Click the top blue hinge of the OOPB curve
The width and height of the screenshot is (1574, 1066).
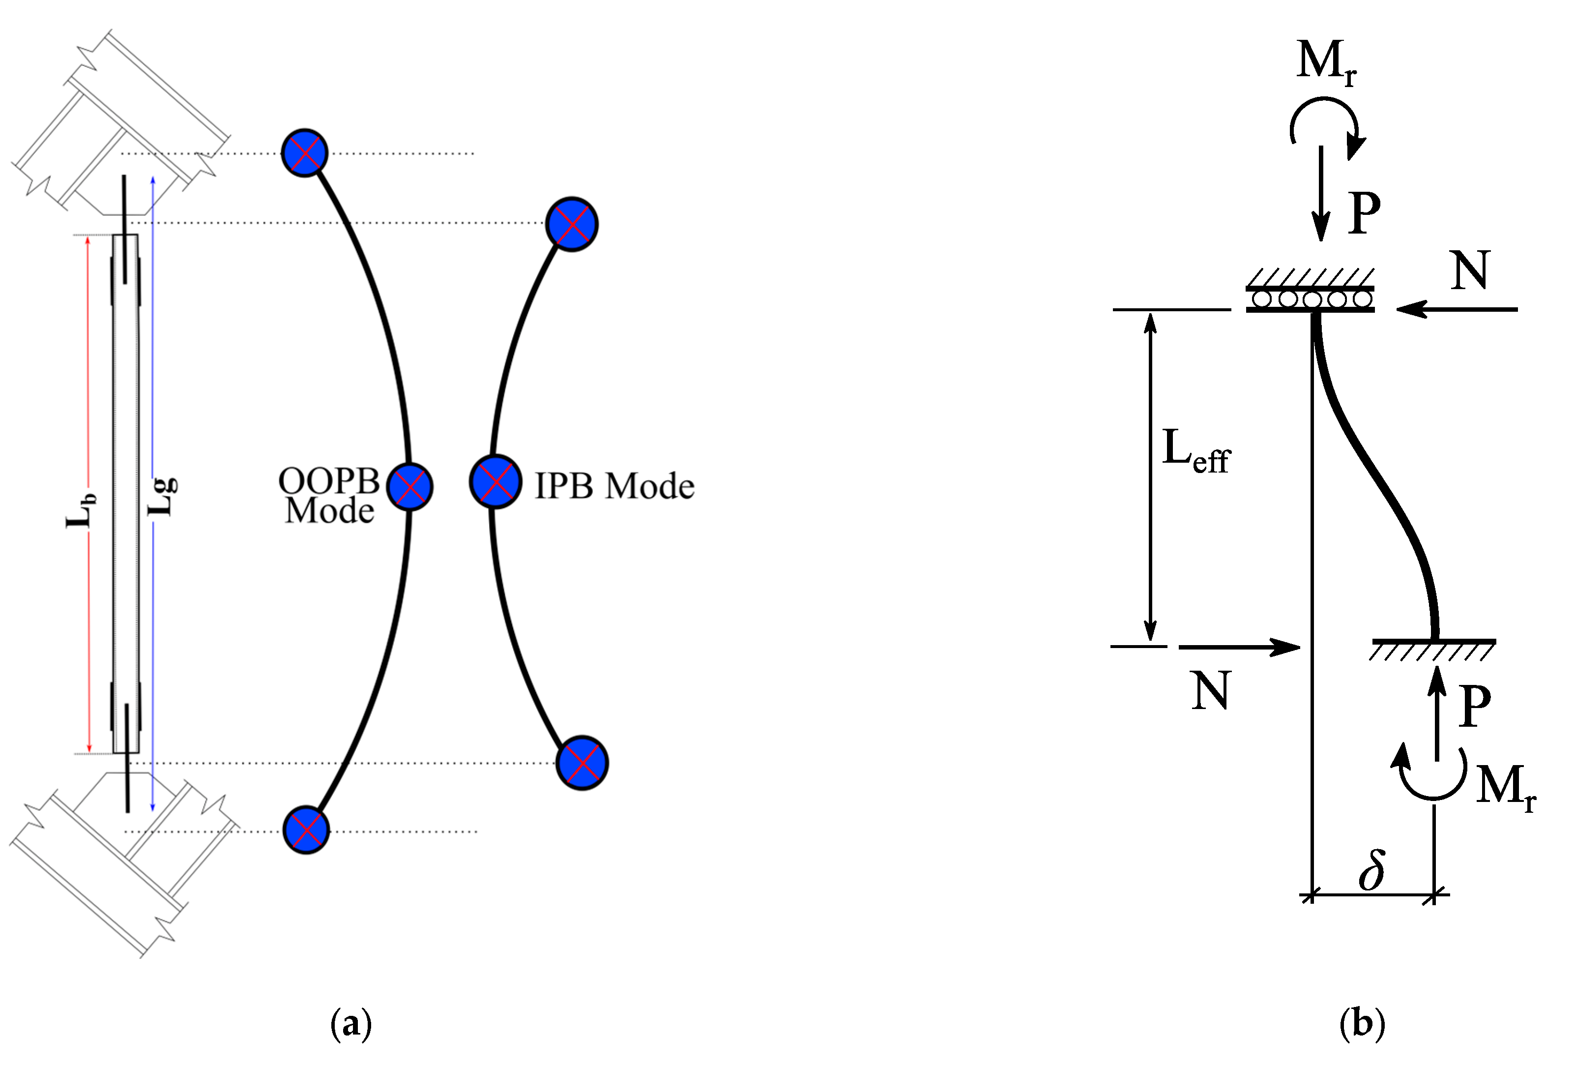tap(305, 153)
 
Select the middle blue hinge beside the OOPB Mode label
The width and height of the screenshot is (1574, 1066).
tap(410, 486)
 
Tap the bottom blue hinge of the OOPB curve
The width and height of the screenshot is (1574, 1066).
tap(306, 829)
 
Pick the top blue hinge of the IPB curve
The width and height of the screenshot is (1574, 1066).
tap(572, 224)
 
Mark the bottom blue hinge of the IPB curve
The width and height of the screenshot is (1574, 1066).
tap(582, 763)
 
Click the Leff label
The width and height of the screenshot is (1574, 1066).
tap(1195, 451)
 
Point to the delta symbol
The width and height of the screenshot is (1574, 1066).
tap(1371, 870)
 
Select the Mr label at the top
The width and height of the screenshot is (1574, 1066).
tap(1326, 63)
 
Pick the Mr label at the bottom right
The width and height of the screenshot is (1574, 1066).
tap(1505, 787)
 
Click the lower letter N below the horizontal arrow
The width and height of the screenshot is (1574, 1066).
tap(1210, 691)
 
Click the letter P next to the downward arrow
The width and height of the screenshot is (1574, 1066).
tap(1364, 212)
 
